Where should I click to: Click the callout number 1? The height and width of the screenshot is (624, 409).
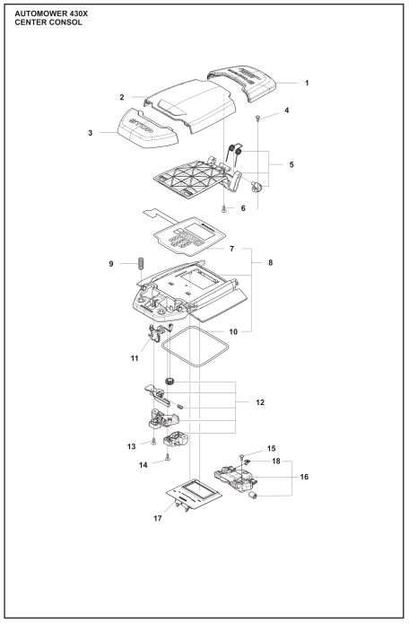tap(306, 83)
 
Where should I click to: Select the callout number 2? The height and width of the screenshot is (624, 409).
tap(121, 96)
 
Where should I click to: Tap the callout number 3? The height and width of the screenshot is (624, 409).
tap(91, 132)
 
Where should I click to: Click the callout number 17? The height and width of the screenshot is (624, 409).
tap(159, 517)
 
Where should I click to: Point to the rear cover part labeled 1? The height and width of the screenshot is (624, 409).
tap(247, 83)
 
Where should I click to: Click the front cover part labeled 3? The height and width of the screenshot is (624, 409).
tap(135, 134)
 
